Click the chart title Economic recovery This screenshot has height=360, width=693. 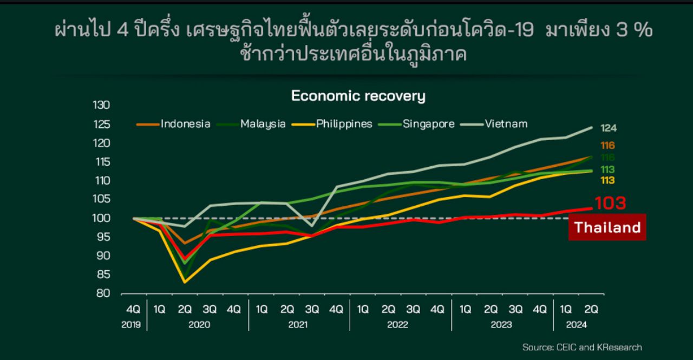click(x=358, y=96)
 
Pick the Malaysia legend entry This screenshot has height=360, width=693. click(x=263, y=123)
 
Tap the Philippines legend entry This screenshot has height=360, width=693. click(x=344, y=123)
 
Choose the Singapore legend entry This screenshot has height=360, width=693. click(x=428, y=123)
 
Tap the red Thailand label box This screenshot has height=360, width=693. click(x=607, y=227)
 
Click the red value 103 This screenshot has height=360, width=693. click(x=610, y=204)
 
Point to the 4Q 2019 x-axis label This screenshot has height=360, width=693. click(x=133, y=309)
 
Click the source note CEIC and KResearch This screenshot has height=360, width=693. click(x=581, y=347)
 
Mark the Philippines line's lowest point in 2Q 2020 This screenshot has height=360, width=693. click(x=185, y=282)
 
